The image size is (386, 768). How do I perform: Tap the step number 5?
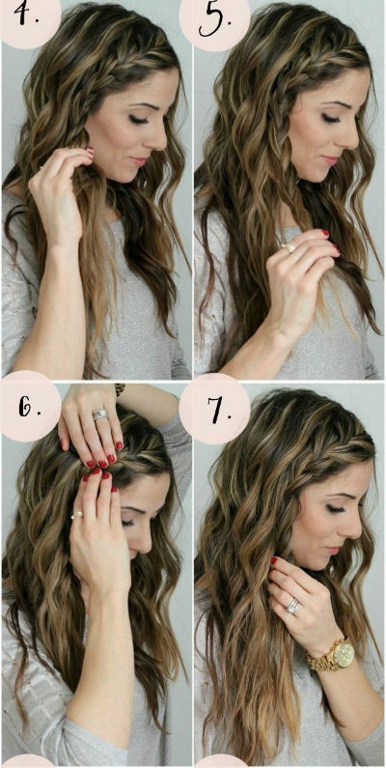[215, 20]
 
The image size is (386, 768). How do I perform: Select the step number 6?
[27, 406]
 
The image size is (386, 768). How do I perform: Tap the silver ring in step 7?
[293, 606]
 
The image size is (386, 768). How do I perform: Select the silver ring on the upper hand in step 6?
[100, 414]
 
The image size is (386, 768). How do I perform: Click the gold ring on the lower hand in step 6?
[77, 515]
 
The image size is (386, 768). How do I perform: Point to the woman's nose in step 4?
[160, 139]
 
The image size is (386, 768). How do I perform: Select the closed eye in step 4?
[138, 119]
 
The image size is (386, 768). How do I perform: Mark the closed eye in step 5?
[331, 118]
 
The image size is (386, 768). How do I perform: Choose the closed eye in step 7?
[336, 509]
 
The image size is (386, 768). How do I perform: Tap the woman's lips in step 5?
[332, 159]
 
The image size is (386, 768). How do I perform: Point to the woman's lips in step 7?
[334, 550]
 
